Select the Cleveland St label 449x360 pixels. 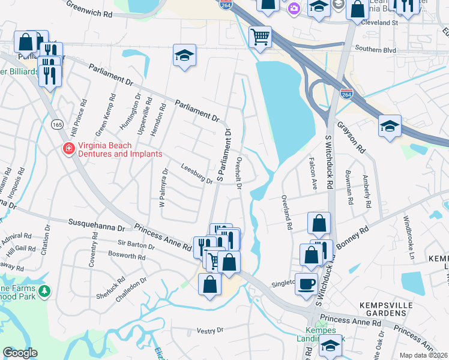click(x=380, y=22)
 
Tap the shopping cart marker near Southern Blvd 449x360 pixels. click(x=260, y=38)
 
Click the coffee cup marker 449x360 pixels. click(x=306, y=283)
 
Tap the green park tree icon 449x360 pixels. click(x=44, y=291)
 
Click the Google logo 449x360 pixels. click(x=20, y=353)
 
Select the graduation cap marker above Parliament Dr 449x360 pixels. click(x=185, y=56)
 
